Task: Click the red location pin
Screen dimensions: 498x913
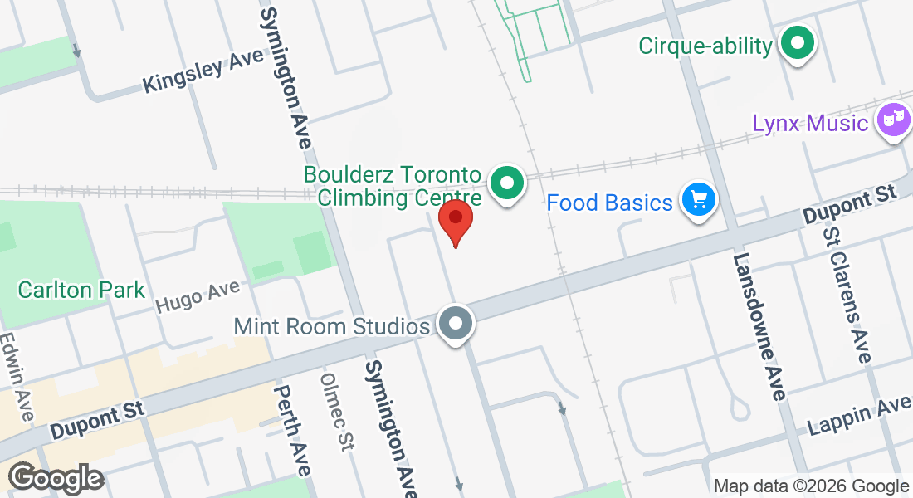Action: (456, 221)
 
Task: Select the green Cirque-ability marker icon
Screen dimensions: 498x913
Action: (798, 45)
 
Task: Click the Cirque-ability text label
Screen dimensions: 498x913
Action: (705, 46)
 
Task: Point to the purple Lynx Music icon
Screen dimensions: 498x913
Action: (892, 121)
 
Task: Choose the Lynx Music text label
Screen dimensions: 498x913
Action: (810, 123)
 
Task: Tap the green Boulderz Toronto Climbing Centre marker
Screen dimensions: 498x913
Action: (506, 184)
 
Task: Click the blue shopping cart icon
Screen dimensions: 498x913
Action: (697, 200)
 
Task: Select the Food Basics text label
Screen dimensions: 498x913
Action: (609, 202)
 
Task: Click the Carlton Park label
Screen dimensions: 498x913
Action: (81, 290)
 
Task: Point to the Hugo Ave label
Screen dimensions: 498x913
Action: (198, 297)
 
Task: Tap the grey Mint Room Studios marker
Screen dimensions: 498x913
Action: (455, 325)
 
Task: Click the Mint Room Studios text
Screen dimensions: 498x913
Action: (332, 325)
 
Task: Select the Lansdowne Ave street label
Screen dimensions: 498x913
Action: (759, 326)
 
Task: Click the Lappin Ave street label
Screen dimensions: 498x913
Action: (860, 417)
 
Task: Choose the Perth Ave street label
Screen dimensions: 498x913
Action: (293, 430)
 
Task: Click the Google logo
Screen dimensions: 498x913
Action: (56, 478)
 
